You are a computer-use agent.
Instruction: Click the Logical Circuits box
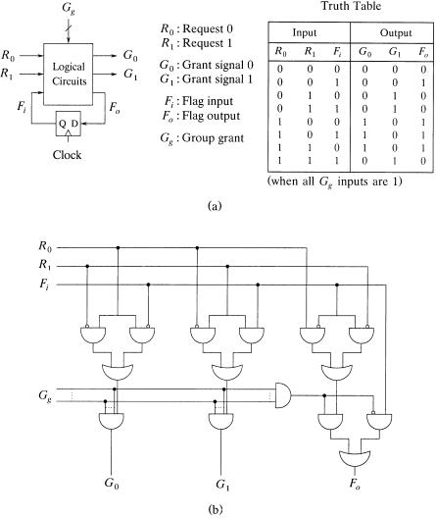click(x=69, y=74)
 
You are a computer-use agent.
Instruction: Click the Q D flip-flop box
click(x=69, y=124)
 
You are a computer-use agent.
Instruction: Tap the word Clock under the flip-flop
click(x=67, y=155)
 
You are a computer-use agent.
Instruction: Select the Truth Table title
click(x=351, y=6)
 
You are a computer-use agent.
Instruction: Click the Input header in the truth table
click(x=304, y=32)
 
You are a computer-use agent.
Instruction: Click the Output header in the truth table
click(x=396, y=32)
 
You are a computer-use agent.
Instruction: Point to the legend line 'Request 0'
click(x=197, y=28)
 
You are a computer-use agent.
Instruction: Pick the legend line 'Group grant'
click(x=202, y=137)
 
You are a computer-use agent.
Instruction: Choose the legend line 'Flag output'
click(x=201, y=116)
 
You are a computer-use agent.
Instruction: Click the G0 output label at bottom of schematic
click(x=112, y=483)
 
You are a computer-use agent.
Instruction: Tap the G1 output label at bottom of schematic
click(x=222, y=485)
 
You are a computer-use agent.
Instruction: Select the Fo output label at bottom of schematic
click(x=355, y=484)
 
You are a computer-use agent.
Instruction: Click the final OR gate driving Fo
click(x=355, y=458)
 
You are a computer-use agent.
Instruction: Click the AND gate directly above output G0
click(x=112, y=421)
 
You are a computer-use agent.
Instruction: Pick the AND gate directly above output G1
click(x=221, y=421)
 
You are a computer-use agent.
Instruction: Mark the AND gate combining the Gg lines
click(x=283, y=395)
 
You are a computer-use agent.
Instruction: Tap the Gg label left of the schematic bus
click(x=45, y=395)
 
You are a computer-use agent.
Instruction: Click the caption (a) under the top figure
click(x=215, y=206)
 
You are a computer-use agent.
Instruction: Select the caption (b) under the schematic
click(x=216, y=509)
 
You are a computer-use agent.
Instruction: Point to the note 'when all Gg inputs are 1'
click(x=335, y=181)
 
